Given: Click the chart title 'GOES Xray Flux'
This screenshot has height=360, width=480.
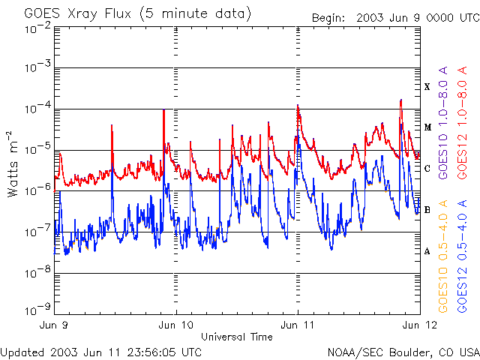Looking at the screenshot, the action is click(x=78, y=14).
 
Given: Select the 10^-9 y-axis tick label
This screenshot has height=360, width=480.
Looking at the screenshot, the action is click(x=38, y=309).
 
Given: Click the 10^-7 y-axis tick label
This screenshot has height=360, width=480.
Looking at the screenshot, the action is click(x=38, y=232).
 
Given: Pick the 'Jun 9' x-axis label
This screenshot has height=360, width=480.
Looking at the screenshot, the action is click(x=53, y=325).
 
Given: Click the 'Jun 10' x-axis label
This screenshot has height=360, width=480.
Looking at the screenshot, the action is click(x=176, y=325).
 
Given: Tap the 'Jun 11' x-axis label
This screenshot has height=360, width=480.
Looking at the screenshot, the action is click(x=297, y=325).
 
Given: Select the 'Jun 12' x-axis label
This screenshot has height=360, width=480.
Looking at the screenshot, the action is click(x=420, y=325).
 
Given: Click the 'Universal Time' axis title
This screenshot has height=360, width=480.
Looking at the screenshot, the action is click(x=237, y=337).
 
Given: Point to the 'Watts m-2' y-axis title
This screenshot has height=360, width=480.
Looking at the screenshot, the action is click(x=13, y=164).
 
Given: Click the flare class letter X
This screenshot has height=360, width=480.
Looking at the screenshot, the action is click(x=427, y=87).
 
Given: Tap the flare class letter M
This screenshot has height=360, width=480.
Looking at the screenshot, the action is click(x=427, y=127).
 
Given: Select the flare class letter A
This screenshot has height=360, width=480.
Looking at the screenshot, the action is click(x=427, y=252).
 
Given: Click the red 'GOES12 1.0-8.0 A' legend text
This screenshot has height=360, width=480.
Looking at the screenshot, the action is click(x=462, y=123).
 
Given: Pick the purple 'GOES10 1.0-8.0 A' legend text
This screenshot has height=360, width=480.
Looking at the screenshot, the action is click(x=443, y=123).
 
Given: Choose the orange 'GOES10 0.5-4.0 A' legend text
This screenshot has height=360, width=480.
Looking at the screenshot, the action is click(x=443, y=256).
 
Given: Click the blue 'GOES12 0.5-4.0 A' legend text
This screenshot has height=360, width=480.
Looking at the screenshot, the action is click(x=462, y=256).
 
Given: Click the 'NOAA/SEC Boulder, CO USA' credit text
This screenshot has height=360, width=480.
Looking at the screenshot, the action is click(x=403, y=352).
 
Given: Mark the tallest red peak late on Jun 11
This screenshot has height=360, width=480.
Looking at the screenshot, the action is click(x=400, y=100).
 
